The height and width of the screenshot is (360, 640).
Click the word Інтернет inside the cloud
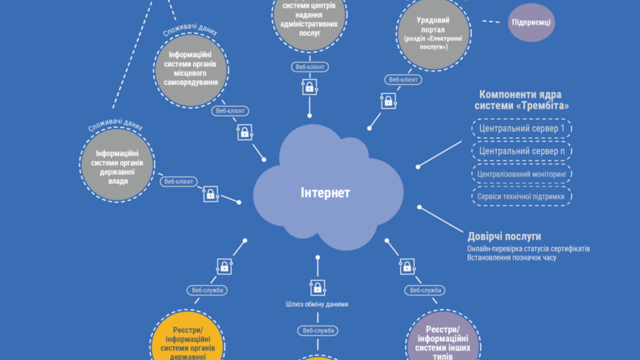pyautogui.click(x=325, y=193)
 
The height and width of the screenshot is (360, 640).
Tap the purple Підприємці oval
pyautogui.click(x=531, y=22)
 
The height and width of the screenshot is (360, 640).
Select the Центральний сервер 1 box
pyautogui.click(x=521, y=128)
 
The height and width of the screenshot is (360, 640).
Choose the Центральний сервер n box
pyautogui.click(x=521, y=151)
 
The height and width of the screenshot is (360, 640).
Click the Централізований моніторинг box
pyautogui.click(x=521, y=174)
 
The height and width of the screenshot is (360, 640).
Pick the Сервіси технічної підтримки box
pyautogui.click(x=521, y=196)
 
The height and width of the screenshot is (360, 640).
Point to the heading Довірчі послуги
pyautogui.click(x=504, y=236)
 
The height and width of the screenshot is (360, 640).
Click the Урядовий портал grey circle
pyautogui.click(x=433, y=33)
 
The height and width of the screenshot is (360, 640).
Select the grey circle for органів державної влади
pyautogui.click(x=117, y=165)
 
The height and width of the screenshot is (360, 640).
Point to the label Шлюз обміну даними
pyautogui.click(x=317, y=304)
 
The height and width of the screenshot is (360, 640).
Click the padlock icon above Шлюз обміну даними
pyautogui.click(x=317, y=287)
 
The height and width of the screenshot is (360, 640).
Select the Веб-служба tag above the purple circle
pyautogui.click(x=425, y=290)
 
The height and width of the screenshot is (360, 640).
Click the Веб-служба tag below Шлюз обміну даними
pyautogui.click(x=317, y=330)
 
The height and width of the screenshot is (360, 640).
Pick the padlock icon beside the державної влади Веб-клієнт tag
pyautogui.click(x=211, y=194)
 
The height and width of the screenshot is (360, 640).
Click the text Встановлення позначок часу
pyautogui.click(x=511, y=257)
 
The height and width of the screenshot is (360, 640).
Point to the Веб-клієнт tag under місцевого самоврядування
pyautogui.click(x=230, y=111)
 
